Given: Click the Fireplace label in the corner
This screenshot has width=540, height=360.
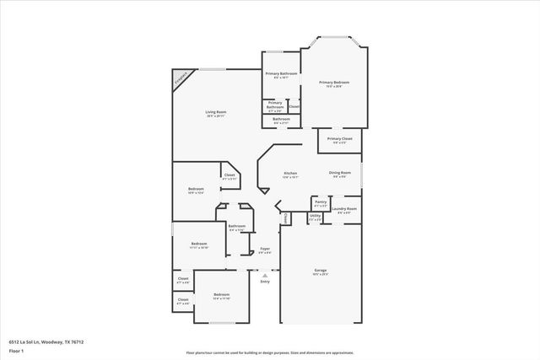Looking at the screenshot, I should (181, 79).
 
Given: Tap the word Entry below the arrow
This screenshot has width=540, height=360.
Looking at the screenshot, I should (265, 281).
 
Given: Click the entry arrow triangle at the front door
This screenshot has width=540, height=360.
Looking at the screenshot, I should (265, 274).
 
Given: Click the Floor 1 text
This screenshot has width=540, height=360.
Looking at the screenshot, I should (15, 350).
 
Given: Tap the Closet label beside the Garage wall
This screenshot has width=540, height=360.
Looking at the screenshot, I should (285, 218).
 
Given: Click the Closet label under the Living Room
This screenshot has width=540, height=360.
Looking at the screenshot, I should (229, 175).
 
